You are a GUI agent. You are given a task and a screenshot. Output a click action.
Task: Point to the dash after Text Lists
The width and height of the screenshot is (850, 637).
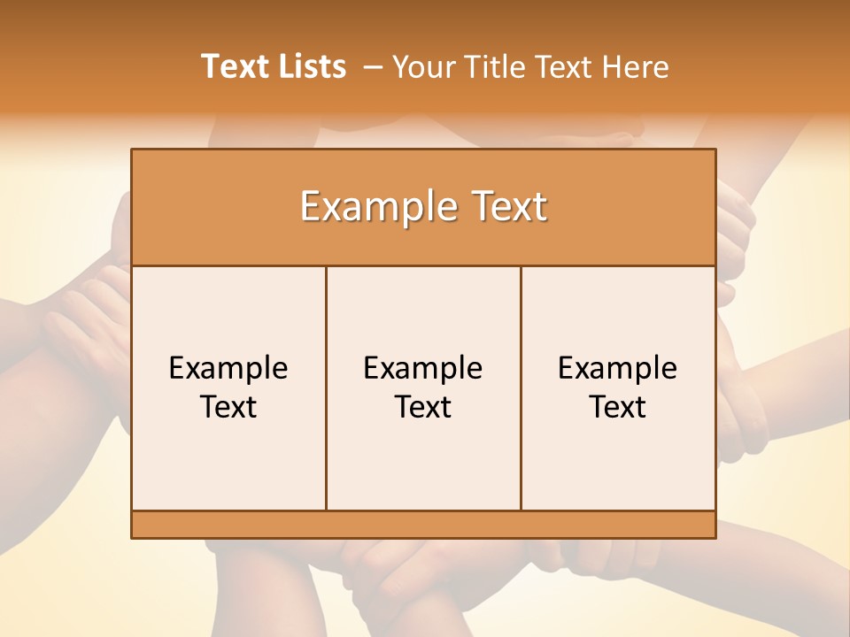(x=373, y=67)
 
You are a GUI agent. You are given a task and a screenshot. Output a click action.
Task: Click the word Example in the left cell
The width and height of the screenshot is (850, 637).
(x=228, y=368)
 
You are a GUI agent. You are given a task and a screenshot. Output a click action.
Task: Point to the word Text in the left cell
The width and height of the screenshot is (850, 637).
(x=228, y=407)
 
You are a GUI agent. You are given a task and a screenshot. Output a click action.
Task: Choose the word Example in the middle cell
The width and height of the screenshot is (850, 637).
(x=423, y=368)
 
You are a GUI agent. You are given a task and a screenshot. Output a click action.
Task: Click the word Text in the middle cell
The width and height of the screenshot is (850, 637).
(x=423, y=407)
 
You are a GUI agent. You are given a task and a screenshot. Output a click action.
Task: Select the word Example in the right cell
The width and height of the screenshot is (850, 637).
(x=618, y=368)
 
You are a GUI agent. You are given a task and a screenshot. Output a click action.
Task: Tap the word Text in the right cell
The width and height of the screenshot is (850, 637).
(x=618, y=407)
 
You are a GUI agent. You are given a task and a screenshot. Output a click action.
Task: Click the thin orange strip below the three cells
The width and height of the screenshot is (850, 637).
(x=423, y=525)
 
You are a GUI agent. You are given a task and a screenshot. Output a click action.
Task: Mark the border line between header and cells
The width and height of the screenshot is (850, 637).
(x=423, y=265)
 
